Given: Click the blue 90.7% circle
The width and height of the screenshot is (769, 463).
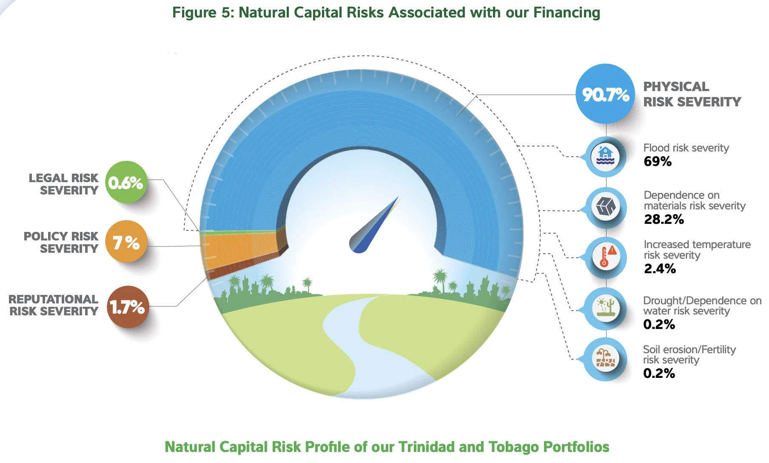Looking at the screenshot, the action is coord(605,94).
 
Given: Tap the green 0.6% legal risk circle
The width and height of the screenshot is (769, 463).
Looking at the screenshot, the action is coord(126,182).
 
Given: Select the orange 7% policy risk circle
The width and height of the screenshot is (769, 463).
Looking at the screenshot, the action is coord(126,242).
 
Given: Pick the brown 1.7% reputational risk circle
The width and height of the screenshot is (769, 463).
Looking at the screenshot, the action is coord(128,307).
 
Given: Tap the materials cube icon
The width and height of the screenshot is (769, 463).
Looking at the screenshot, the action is coord(605,207).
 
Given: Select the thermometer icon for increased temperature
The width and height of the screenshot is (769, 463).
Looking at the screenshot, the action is coord(605,257).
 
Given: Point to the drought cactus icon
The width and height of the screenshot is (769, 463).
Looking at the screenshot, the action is coord(605,308).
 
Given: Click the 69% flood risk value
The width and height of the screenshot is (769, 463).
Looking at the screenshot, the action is coord(658,161).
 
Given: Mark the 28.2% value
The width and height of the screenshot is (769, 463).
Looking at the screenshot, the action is coord(664,219).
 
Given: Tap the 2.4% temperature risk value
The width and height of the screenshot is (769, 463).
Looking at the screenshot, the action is coord(660,269).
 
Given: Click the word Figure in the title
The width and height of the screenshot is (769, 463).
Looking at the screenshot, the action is coord(194,13).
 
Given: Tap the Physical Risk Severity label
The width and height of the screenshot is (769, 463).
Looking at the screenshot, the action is coord(692,94).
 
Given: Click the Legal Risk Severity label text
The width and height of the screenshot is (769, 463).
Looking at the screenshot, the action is coord(63,184).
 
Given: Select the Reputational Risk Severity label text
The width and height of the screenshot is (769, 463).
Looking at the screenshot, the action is coord(54,305).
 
